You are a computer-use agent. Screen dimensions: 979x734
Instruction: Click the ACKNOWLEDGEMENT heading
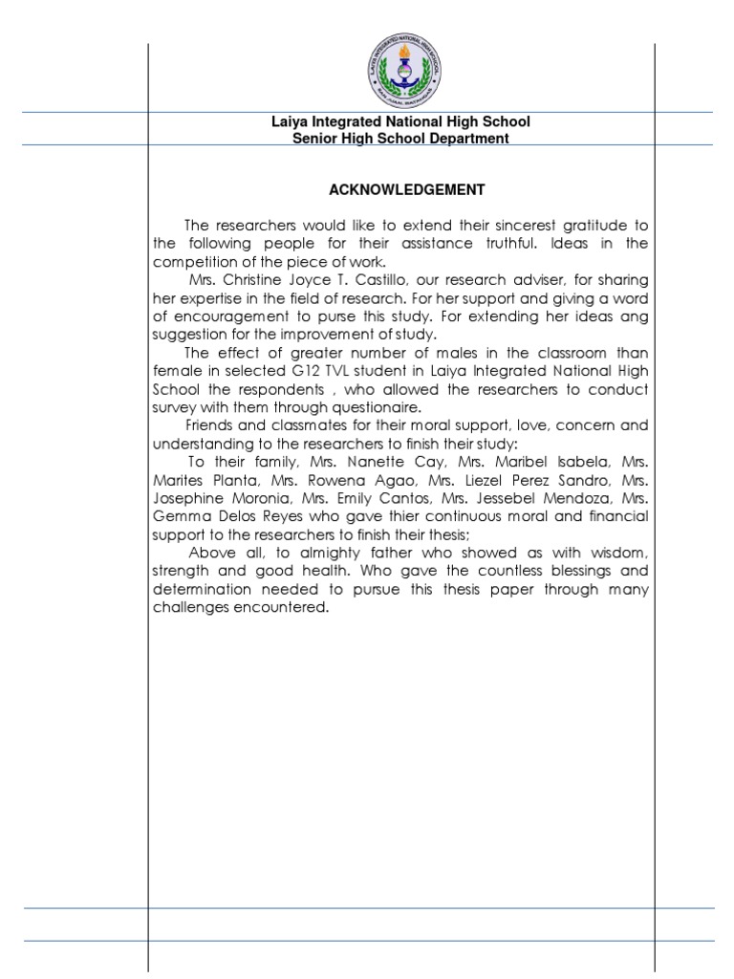point(401,189)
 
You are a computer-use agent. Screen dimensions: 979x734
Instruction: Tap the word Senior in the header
point(313,139)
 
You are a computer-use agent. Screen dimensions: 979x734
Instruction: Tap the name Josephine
point(188,498)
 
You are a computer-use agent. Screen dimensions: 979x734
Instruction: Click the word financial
point(616,516)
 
